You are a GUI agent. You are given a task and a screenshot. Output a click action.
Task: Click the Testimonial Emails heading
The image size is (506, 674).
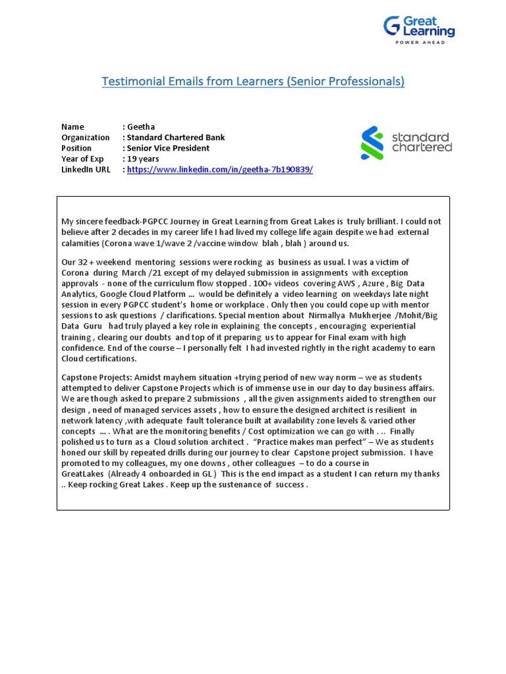click(253, 82)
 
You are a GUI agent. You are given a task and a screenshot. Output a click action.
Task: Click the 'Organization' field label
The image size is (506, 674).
click(86, 138)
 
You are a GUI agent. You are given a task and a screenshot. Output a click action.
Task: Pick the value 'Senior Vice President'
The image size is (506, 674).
click(168, 148)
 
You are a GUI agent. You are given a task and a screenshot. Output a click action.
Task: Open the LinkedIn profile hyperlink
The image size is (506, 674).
click(220, 169)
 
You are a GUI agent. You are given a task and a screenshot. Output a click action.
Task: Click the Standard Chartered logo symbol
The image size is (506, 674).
click(372, 143)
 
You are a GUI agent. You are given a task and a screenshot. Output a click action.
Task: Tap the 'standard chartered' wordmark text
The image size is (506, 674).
click(422, 142)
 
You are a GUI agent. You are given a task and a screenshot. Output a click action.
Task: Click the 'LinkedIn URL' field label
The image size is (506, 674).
click(86, 169)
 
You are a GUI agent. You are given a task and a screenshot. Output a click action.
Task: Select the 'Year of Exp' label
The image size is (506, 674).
click(83, 159)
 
